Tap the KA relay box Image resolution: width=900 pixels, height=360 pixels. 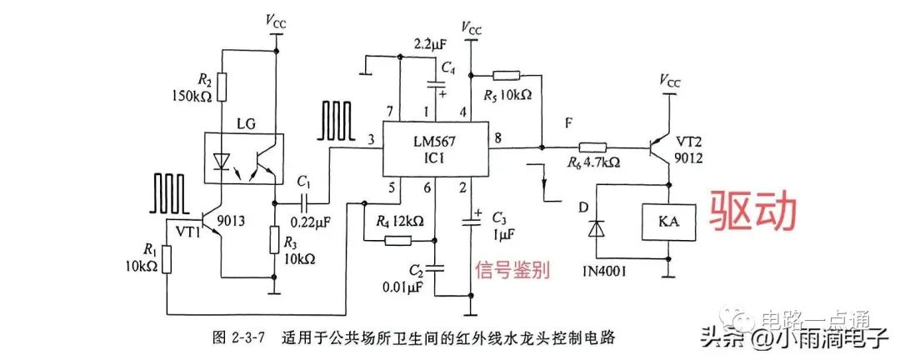668,222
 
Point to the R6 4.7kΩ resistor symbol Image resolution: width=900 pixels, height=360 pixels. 594,147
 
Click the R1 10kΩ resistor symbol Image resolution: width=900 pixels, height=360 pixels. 167,259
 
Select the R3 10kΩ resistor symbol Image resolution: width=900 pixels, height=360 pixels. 276,241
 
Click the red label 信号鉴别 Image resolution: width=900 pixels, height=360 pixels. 512,269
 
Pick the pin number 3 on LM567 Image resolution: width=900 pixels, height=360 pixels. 372,139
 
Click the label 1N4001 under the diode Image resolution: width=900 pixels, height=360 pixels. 602,267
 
